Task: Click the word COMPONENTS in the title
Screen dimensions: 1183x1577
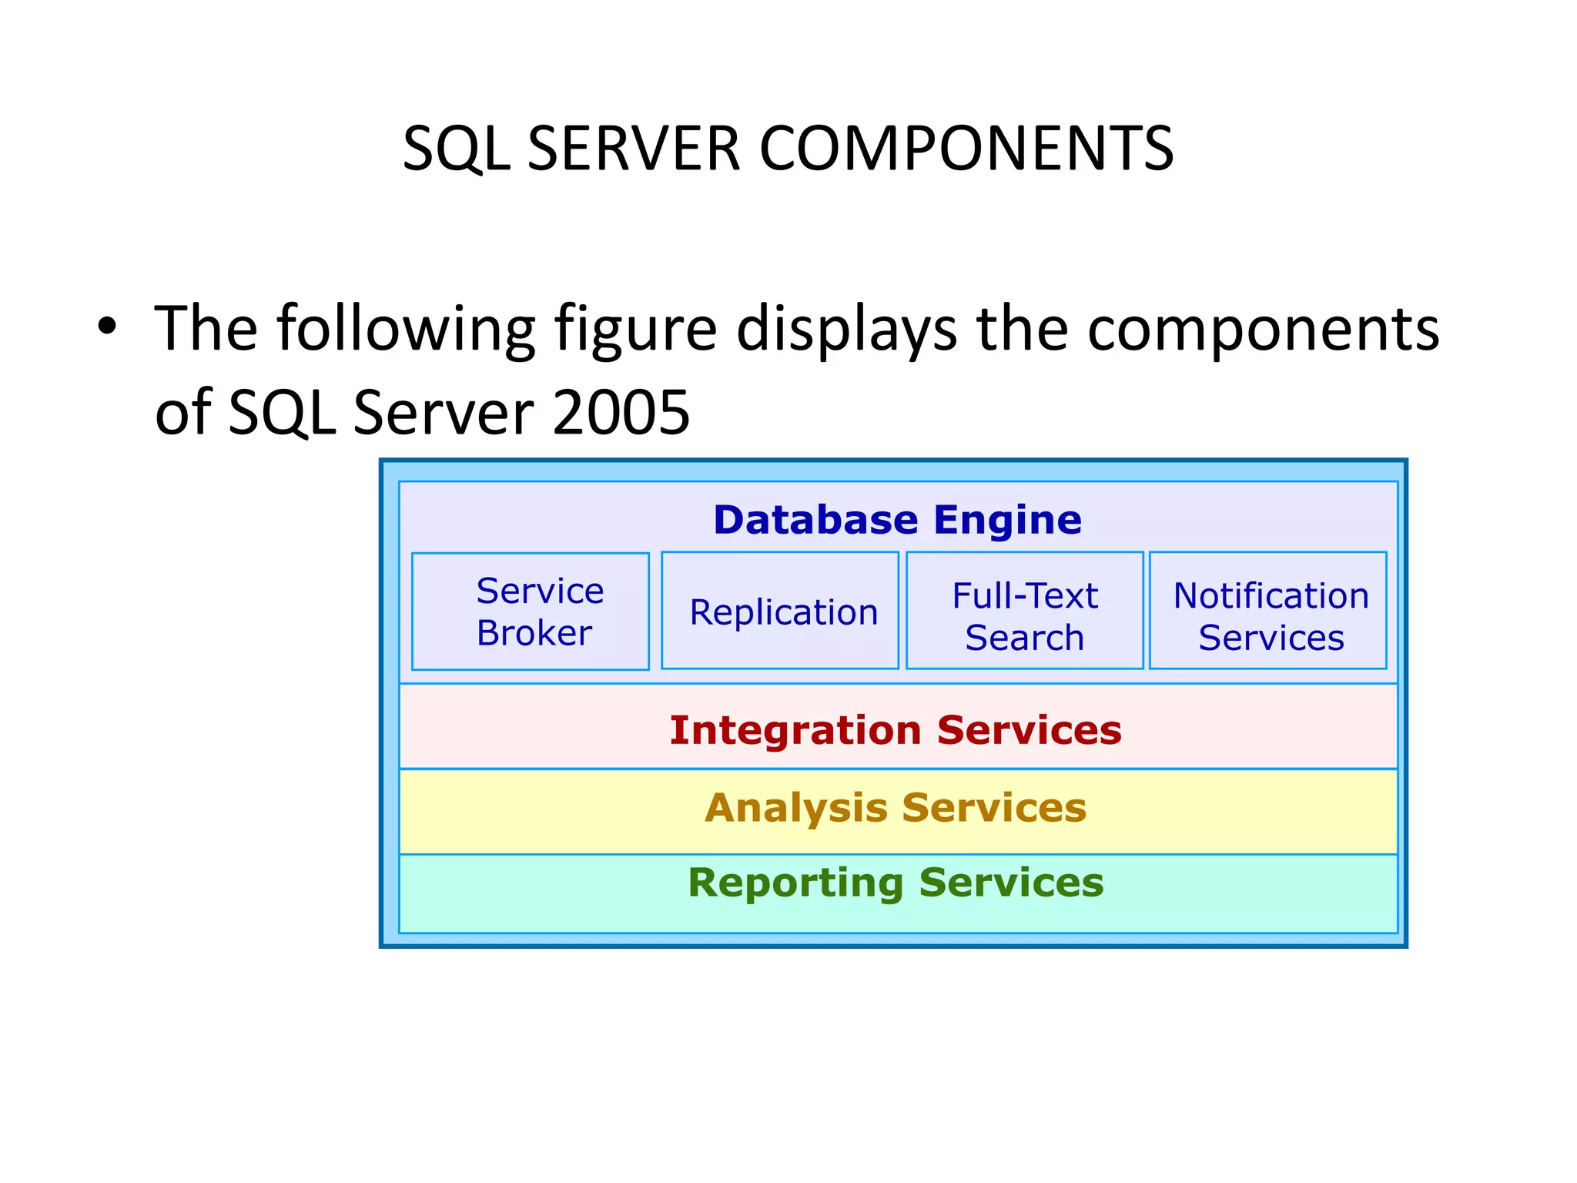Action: click(x=966, y=149)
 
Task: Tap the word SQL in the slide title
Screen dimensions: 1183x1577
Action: click(x=456, y=149)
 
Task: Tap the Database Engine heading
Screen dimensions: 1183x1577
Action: click(x=897, y=520)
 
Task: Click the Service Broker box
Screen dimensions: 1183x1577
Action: click(x=531, y=612)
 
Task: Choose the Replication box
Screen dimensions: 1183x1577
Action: click(x=780, y=612)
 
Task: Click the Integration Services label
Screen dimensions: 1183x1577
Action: click(x=896, y=730)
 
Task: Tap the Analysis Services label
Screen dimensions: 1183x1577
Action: click(x=896, y=808)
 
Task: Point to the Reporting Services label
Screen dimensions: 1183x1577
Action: click(x=896, y=883)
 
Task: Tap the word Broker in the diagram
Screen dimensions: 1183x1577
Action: click(x=534, y=634)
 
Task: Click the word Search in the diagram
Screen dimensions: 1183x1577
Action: click(x=1024, y=638)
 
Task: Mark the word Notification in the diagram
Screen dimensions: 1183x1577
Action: click(x=1271, y=596)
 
